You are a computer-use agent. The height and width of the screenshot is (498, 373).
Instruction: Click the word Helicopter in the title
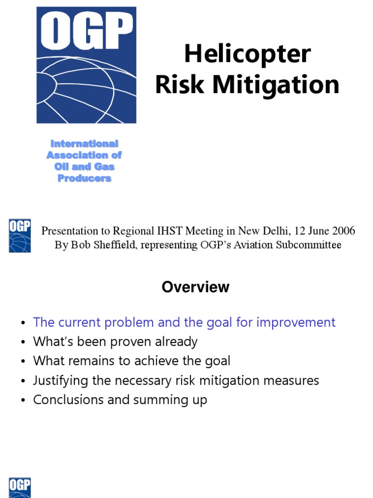pyautogui.click(x=247, y=54)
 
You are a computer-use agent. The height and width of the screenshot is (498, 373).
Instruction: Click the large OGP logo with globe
pyautogui.click(x=86, y=65)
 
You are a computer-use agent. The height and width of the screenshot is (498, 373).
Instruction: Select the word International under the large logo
pyautogui.click(x=85, y=144)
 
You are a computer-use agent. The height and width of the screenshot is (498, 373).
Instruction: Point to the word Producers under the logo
pyautogui.click(x=85, y=178)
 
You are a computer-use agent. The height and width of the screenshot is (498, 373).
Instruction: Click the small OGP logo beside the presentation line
pyautogui.click(x=19, y=235)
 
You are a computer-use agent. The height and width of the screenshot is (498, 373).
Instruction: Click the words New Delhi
pyautogui.click(x=261, y=231)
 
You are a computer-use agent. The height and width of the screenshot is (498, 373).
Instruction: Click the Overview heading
pyautogui.click(x=195, y=287)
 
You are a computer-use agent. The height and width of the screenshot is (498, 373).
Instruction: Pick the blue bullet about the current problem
pyautogui.click(x=184, y=322)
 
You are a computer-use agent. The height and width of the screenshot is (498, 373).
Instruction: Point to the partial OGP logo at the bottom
pyautogui.click(x=19, y=488)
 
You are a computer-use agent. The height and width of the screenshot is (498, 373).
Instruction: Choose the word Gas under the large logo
pyautogui.click(x=105, y=167)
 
